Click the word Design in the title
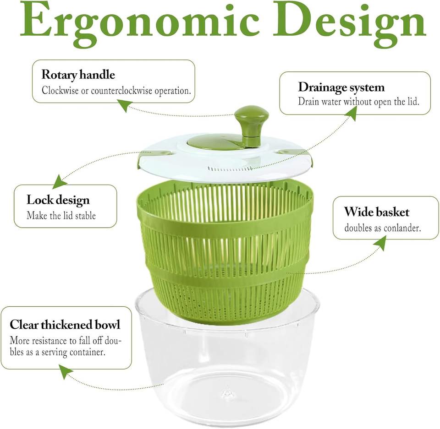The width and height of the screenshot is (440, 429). click(350, 23)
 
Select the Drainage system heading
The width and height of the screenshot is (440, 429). click(341, 87)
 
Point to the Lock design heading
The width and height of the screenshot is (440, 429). click(58, 201)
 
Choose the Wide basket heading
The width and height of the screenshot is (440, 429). click(377, 212)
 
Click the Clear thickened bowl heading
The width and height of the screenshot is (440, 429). click(65, 325)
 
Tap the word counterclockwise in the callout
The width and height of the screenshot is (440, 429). click(121, 91)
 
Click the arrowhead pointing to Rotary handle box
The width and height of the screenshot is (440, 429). click(125, 106)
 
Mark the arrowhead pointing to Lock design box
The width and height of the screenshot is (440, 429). click(59, 182)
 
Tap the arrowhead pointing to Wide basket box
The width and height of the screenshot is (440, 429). click(381, 243)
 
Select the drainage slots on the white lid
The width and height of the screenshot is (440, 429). click(230, 169)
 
